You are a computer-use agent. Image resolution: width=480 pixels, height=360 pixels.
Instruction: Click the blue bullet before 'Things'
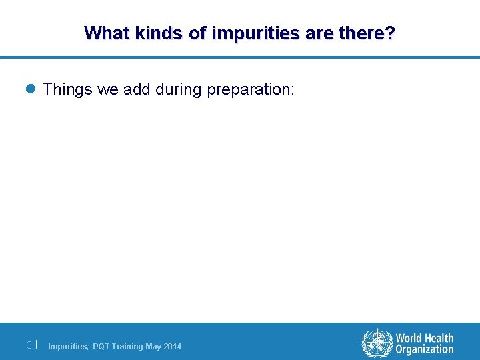pyautogui.click(x=31, y=89)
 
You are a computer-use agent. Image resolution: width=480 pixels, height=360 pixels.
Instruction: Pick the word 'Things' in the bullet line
pyautogui.click(x=67, y=89)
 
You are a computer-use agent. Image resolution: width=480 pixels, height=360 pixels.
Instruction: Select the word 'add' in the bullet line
pyautogui.click(x=137, y=89)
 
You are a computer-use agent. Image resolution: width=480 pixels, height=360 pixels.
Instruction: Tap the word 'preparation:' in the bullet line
pyautogui.click(x=250, y=89)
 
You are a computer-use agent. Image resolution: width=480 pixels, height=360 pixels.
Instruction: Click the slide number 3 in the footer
pyautogui.click(x=29, y=345)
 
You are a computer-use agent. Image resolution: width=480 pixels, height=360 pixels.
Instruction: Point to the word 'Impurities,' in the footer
pyautogui.click(x=68, y=347)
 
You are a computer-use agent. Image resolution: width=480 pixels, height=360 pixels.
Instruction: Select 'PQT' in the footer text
pyautogui.click(x=101, y=347)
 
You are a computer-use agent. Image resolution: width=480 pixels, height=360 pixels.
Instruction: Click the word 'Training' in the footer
pyautogui.click(x=127, y=347)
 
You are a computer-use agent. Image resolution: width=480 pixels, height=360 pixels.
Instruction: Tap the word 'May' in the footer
pyautogui.click(x=153, y=347)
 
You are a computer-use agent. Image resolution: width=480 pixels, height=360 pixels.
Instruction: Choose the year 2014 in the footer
pyautogui.click(x=172, y=347)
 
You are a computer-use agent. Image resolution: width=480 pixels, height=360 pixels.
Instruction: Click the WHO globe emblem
pyautogui.click(x=377, y=343)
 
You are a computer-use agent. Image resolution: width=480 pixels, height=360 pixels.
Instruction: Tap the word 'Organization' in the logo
pyautogui.click(x=425, y=349)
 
